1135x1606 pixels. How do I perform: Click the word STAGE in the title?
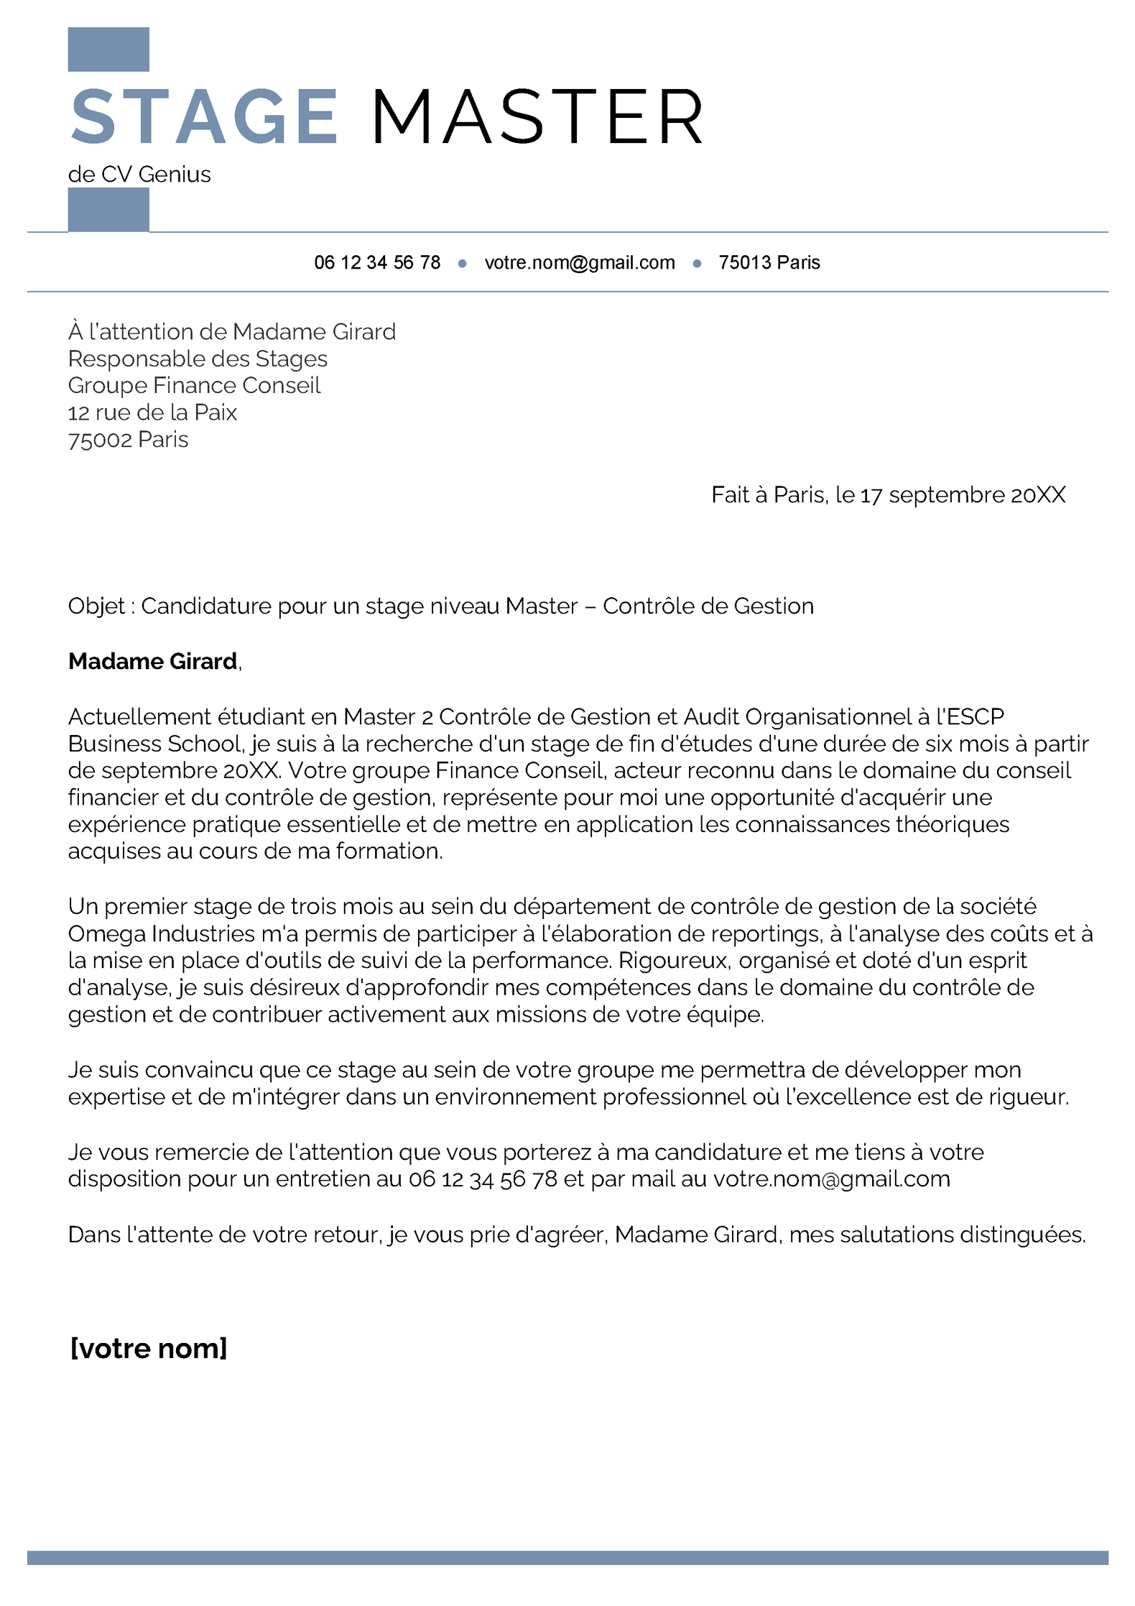[x=204, y=117]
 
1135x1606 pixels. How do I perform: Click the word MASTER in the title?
[x=537, y=117]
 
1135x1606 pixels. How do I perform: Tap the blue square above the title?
[x=108, y=50]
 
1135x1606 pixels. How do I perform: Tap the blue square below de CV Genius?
[x=108, y=210]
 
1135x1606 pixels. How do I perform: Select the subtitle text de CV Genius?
[x=139, y=175]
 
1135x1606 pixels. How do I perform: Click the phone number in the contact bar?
[x=377, y=263]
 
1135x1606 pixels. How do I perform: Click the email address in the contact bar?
[x=580, y=263]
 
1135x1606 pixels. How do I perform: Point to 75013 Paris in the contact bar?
[x=769, y=263]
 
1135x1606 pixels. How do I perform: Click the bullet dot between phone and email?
[x=462, y=264]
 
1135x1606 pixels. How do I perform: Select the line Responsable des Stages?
[x=198, y=359]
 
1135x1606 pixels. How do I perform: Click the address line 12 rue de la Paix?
[x=152, y=412]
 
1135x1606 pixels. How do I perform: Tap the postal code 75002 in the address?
[x=100, y=440]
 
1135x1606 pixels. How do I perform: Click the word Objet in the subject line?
[x=96, y=606]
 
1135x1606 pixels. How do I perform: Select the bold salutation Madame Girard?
[x=152, y=662]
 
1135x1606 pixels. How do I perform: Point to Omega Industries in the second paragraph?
[x=162, y=934]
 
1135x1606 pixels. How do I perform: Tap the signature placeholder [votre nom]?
[x=149, y=1349]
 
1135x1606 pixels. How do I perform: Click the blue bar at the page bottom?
[x=567, y=1557]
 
